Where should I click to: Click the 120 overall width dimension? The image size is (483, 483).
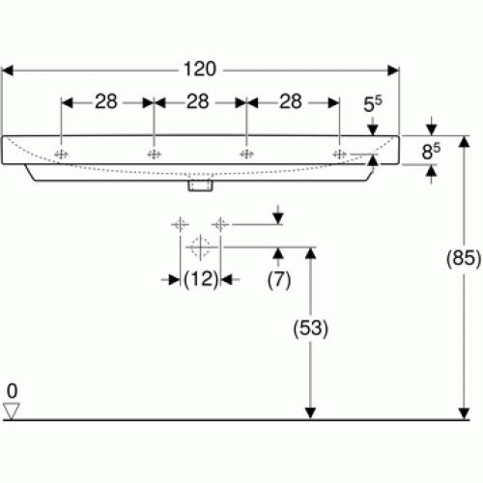pos(200,70)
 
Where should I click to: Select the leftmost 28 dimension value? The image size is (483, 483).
pos(106,101)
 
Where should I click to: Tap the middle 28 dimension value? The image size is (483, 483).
pos(198,101)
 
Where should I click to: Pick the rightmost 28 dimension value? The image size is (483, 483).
pos(291,101)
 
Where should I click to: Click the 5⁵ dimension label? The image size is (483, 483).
pos(373,104)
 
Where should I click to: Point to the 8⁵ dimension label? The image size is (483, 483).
pos(431,152)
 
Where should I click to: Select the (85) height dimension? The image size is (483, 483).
pos(464,258)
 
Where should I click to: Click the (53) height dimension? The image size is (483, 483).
pos(310,328)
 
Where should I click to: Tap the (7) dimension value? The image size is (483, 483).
pos(279,279)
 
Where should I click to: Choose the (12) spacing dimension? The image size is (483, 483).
pos(201,279)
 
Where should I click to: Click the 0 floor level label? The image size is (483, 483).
pos(12,391)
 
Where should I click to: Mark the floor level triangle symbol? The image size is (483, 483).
pos(12,412)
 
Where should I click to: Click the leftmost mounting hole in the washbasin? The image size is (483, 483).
pos(61,155)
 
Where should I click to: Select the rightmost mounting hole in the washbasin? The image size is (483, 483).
pos(339,155)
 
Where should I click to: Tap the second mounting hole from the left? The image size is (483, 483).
pos(154,155)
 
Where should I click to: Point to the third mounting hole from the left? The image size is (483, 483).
pos(246,155)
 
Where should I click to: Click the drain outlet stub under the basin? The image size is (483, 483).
pos(200,185)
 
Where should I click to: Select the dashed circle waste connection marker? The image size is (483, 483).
pos(200,247)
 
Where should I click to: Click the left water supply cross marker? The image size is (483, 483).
pos(180,224)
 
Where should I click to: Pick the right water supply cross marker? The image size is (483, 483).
pos(220,224)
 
